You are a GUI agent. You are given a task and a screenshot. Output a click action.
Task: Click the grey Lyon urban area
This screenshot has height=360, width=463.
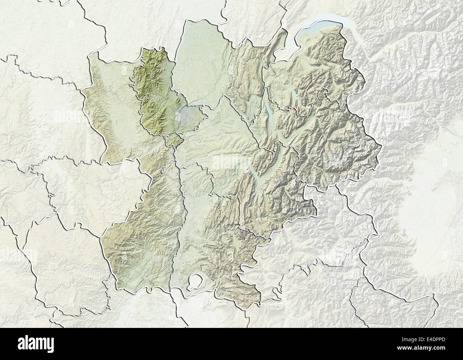(x=188, y=115)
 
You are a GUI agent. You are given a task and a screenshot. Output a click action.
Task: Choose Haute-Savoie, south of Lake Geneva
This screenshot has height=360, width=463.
(x=313, y=71)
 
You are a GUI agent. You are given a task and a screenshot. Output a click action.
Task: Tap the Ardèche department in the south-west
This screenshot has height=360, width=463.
(x=142, y=232)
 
